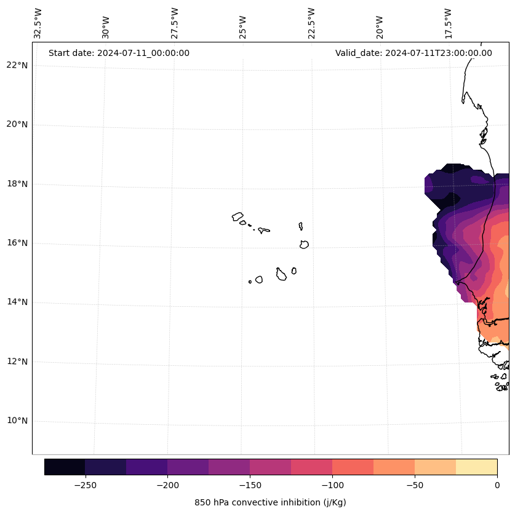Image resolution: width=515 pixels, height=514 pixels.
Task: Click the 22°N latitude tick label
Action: [x=17, y=65]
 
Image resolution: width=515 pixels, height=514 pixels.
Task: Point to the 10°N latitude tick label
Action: [x=17, y=421]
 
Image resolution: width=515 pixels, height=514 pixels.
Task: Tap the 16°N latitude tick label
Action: [x=17, y=243]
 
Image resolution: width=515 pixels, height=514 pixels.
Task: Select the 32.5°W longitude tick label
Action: [x=38, y=23]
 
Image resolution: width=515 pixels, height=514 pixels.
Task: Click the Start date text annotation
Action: [x=119, y=53]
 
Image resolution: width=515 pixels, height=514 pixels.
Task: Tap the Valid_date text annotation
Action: [x=413, y=53]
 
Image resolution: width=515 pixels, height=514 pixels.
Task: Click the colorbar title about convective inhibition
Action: [x=270, y=502]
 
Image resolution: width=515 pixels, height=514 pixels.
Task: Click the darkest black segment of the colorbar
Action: [x=65, y=467]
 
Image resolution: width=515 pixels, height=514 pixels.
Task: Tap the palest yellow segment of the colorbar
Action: [x=476, y=467]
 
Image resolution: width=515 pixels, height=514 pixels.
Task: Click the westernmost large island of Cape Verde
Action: [x=238, y=216]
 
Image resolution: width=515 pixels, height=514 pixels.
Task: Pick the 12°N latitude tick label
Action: [x=17, y=362]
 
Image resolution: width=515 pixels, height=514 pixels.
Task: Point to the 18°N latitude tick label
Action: [x=17, y=184]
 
